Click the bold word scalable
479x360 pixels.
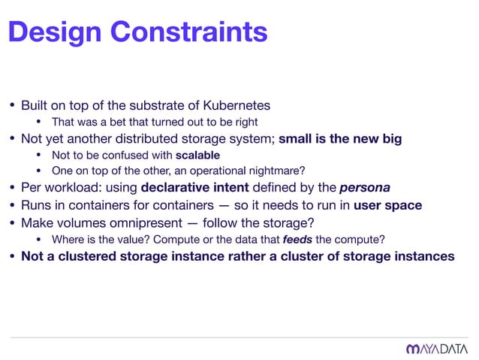pyautogui.click(x=197, y=156)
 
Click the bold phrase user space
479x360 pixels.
pyautogui.click(x=387, y=205)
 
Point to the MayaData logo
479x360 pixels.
pyautogui.click(x=436, y=348)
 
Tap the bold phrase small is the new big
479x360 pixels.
pyautogui.click(x=340, y=138)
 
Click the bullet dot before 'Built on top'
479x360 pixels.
pyautogui.click(x=11, y=104)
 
